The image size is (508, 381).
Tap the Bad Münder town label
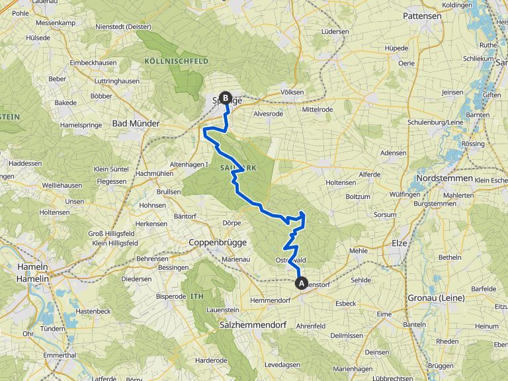pyautogui.click(x=136, y=123)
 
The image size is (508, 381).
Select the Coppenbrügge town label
pyautogui.click(x=218, y=242)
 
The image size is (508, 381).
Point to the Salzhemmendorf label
pyautogui.click(x=253, y=325)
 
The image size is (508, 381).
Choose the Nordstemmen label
pyautogui.click(x=444, y=178)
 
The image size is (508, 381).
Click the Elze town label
pyautogui.click(x=400, y=243)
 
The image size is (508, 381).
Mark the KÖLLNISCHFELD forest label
pyautogui.click(x=176, y=61)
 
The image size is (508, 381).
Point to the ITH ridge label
pyautogui.click(x=197, y=296)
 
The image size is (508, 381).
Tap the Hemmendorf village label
pyautogui.click(x=271, y=300)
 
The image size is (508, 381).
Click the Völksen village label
pyautogui.click(x=292, y=92)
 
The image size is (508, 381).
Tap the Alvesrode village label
pyautogui.click(x=268, y=113)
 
